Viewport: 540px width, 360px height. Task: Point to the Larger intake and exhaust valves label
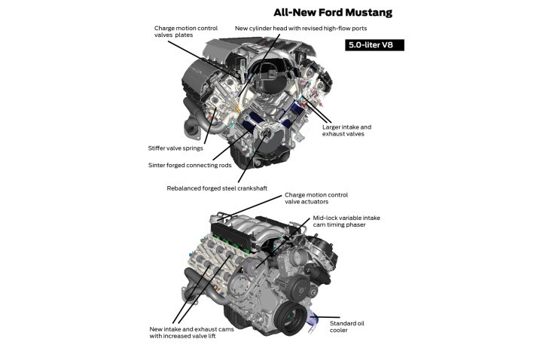pos(347,131)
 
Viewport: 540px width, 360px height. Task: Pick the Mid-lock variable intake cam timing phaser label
pos(346,222)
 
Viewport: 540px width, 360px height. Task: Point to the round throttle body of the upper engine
pos(266,79)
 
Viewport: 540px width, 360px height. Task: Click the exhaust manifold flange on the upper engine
pos(196,134)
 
